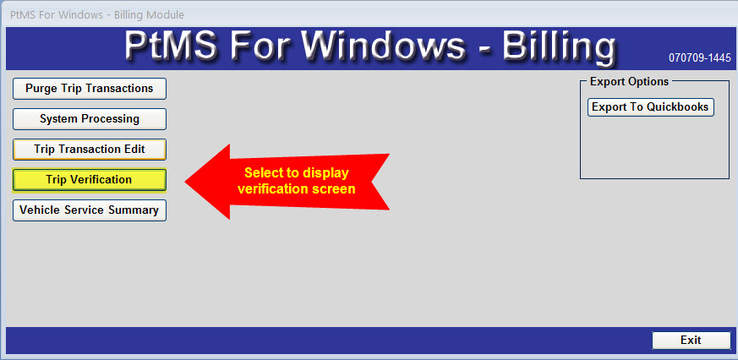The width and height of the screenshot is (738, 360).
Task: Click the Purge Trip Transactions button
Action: [x=90, y=89]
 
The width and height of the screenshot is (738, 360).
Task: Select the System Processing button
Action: [x=90, y=118]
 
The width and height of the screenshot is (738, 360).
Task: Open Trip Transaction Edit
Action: [x=90, y=150]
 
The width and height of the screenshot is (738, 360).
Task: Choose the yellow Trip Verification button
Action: [x=90, y=180]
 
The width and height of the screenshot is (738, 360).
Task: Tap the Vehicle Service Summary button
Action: [x=90, y=210]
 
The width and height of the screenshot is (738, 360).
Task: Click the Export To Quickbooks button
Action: [x=650, y=106]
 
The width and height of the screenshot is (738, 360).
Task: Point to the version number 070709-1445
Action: [x=700, y=57]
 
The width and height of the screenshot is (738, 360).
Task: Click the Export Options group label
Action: [x=629, y=81]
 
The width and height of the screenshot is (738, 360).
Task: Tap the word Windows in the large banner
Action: [x=381, y=46]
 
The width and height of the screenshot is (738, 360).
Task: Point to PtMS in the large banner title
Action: [x=173, y=46]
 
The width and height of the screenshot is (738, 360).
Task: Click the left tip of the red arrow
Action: [x=185, y=182]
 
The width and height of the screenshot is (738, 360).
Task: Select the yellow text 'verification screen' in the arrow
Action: [x=296, y=188]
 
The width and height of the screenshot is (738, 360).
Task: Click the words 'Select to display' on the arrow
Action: [x=297, y=172]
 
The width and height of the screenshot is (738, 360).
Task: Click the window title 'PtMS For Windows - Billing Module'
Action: [x=97, y=15]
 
